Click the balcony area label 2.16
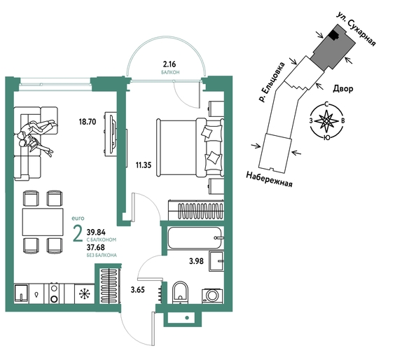(x=169, y=64)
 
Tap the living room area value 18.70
(x=88, y=122)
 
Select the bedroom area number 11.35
(x=144, y=165)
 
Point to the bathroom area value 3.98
(x=196, y=261)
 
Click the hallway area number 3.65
(x=138, y=290)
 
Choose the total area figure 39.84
(x=96, y=233)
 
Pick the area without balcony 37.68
(x=96, y=247)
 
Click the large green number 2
(x=78, y=235)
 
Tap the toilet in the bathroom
(x=180, y=292)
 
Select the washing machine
(x=212, y=296)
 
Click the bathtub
(x=195, y=237)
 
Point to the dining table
(x=43, y=222)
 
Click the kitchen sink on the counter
(x=21, y=293)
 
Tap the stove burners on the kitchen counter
(x=55, y=293)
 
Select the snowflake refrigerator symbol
(x=85, y=293)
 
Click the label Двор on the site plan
(x=343, y=88)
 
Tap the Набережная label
(x=270, y=179)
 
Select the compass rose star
(x=326, y=121)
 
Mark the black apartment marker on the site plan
(x=333, y=34)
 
